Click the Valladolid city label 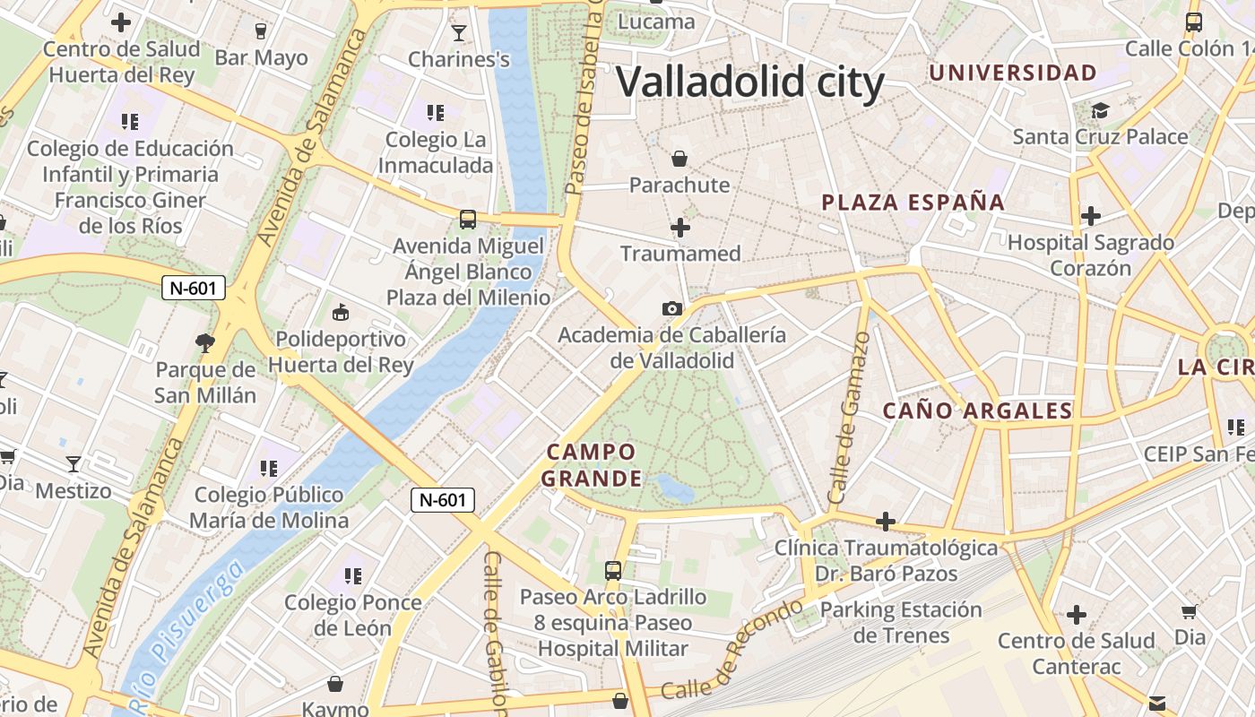(x=750, y=82)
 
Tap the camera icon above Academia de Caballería (x=671, y=309)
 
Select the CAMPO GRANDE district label (x=592, y=464)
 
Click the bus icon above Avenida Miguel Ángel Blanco (x=467, y=219)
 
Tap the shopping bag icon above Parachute (x=679, y=159)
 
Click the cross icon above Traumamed (x=680, y=228)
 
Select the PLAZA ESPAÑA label (x=913, y=203)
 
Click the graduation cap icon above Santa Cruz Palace (x=1099, y=110)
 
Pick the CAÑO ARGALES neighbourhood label (x=978, y=411)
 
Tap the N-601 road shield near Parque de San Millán (x=194, y=289)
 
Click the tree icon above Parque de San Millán (x=205, y=341)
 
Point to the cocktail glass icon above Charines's (x=459, y=33)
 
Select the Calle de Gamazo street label (x=849, y=418)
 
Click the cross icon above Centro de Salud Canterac (x=1076, y=615)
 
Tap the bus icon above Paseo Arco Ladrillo (x=613, y=570)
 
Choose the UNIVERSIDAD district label (x=1013, y=73)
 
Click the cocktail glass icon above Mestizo (x=74, y=464)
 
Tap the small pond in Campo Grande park (x=675, y=488)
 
